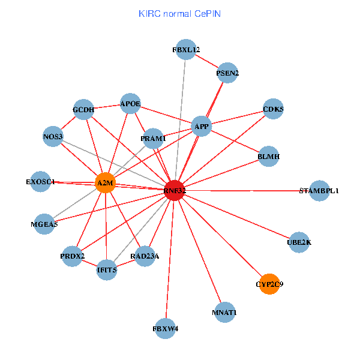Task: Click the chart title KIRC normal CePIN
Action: click(x=179, y=13)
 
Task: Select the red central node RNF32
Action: click(x=174, y=191)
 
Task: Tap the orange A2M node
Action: click(x=105, y=182)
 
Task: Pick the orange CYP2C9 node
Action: click(x=269, y=284)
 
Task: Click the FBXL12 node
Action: click(x=185, y=50)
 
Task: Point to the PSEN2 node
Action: click(x=227, y=73)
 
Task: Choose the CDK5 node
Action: click(x=273, y=109)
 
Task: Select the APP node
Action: click(x=201, y=126)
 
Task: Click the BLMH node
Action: click(x=268, y=157)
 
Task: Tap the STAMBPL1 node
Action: click(x=319, y=191)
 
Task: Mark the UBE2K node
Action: click(x=299, y=242)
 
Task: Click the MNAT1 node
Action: click(x=224, y=313)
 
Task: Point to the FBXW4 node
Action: click(x=165, y=328)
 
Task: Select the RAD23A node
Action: click(x=145, y=256)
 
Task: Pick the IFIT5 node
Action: click(x=107, y=270)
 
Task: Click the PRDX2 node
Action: click(x=73, y=257)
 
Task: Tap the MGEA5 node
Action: click(x=44, y=224)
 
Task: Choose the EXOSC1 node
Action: click(x=40, y=181)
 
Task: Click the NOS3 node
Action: click(x=53, y=137)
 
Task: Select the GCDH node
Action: click(x=83, y=110)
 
